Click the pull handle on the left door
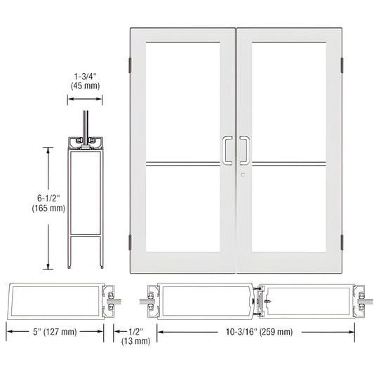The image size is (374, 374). (227, 149)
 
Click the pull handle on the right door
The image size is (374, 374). (244, 149)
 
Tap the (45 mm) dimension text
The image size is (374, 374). (85, 86)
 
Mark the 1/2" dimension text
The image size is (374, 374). (138, 331)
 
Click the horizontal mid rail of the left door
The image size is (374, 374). (183, 166)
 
